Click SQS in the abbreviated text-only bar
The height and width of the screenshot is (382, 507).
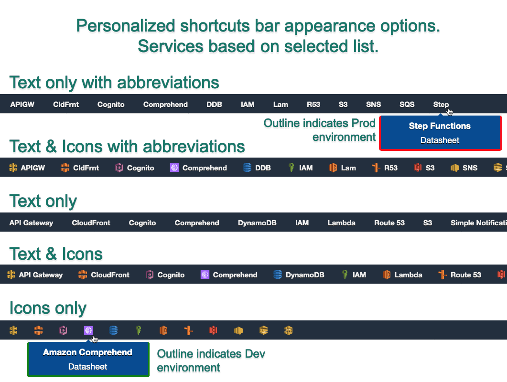point(407,105)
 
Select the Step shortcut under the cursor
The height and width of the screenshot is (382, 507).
point(441,105)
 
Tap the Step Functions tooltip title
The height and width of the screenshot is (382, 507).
point(440,126)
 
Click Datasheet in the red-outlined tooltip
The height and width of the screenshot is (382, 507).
point(440,140)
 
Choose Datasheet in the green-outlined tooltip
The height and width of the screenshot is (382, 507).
point(87,367)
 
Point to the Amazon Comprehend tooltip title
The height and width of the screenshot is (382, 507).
point(87,352)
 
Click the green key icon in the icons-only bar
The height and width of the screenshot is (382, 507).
point(139,330)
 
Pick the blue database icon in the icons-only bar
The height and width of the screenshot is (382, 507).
point(113,330)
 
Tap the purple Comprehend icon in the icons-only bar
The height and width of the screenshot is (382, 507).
point(88,330)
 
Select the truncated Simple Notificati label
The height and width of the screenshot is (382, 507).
point(478,223)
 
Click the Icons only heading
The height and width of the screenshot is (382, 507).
point(48,308)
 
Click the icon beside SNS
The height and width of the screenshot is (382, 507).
point(454,168)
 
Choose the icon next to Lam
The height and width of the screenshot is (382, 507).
point(333,168)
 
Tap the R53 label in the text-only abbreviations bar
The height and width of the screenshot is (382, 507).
point(313,105)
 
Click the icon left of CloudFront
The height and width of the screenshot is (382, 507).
point(83,275)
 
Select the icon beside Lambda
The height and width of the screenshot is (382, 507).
point(387,275)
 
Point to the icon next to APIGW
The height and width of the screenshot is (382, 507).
point(13,168)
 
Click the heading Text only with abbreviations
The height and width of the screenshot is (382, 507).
point(114,83)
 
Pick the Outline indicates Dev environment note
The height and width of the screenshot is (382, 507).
point(211,361)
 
